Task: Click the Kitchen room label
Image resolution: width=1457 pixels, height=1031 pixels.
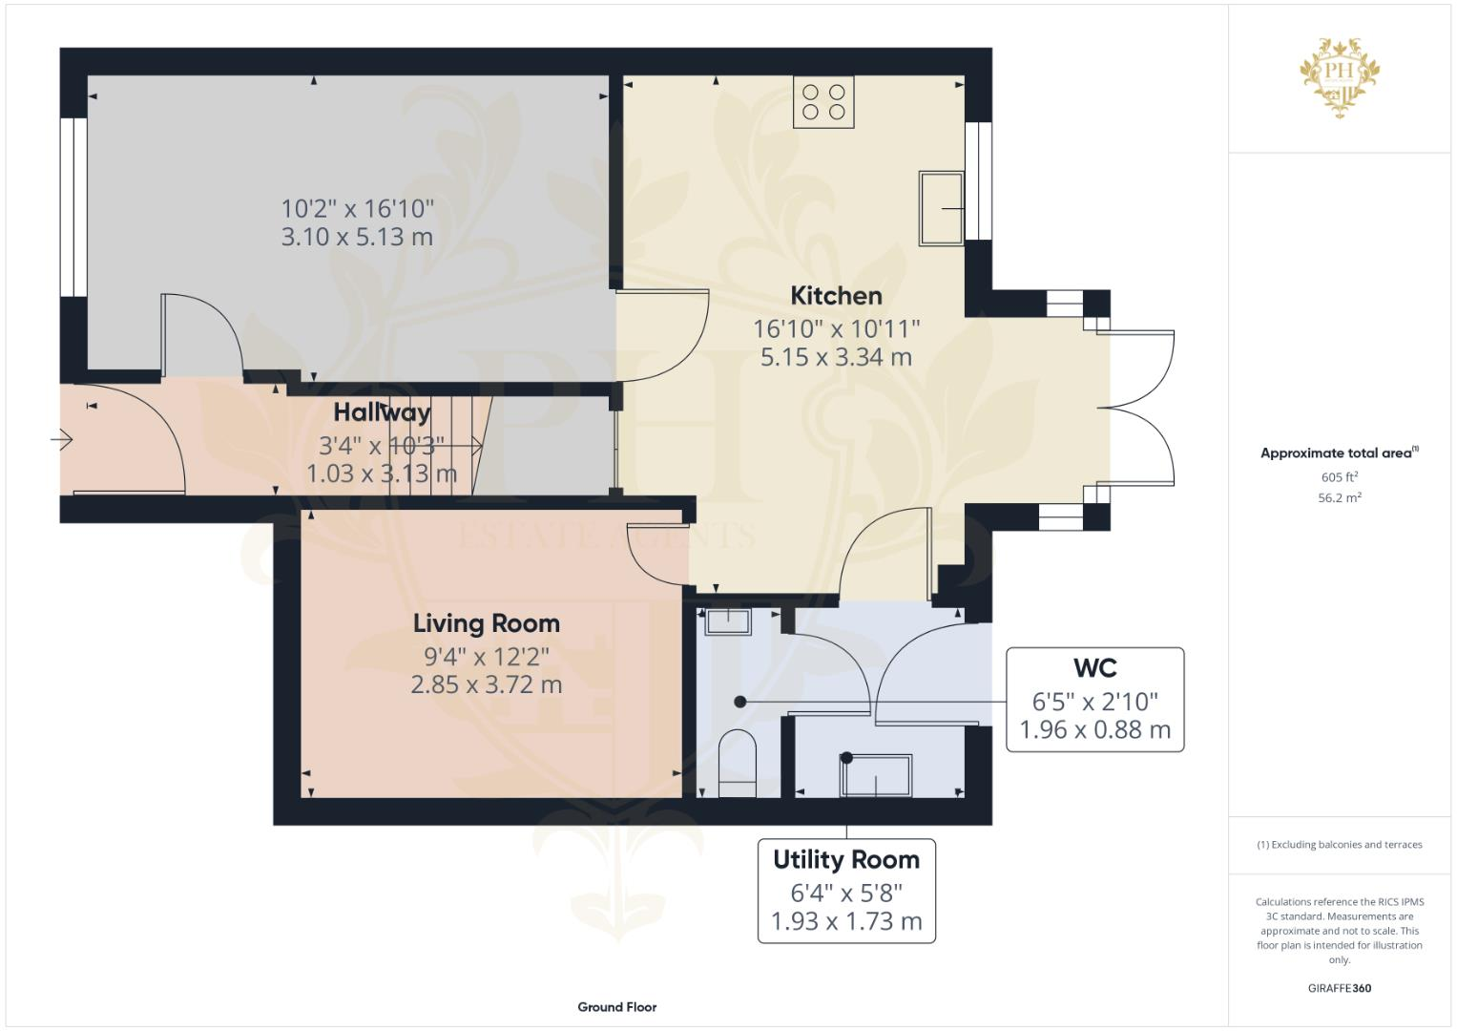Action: tap(836, 296)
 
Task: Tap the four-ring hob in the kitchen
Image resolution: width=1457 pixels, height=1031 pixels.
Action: tap(823, 102)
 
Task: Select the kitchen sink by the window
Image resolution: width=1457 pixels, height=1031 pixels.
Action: tap(941, 207)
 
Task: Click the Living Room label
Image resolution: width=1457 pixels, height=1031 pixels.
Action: tap(486, 623)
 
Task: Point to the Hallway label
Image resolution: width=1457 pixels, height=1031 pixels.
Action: tap(382, 412)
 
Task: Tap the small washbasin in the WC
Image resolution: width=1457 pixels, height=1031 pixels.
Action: tap(727, 621)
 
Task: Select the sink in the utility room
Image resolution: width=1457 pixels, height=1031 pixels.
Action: tap(875, 775)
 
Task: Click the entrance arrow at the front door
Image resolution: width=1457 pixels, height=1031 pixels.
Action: tap(62, 440)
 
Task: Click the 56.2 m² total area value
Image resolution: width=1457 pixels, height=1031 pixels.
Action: tap(1339, 497)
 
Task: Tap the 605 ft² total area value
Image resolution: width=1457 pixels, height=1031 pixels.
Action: tap(1339, 477)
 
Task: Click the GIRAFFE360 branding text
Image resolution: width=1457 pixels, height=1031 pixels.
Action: tap(1339, 988)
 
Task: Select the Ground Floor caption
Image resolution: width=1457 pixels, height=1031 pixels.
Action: tap(616, 1007)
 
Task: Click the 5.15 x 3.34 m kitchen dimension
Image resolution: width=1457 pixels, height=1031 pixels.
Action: tap(836, 358)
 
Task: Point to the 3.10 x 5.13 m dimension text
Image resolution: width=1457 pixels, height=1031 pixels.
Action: tap(357, 237)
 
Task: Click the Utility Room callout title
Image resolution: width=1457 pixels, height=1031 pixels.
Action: tap(846, 860)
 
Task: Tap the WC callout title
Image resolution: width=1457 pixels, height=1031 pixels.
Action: tap(1094, 668)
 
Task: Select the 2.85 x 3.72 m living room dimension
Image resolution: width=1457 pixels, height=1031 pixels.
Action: tap(486, 684)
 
